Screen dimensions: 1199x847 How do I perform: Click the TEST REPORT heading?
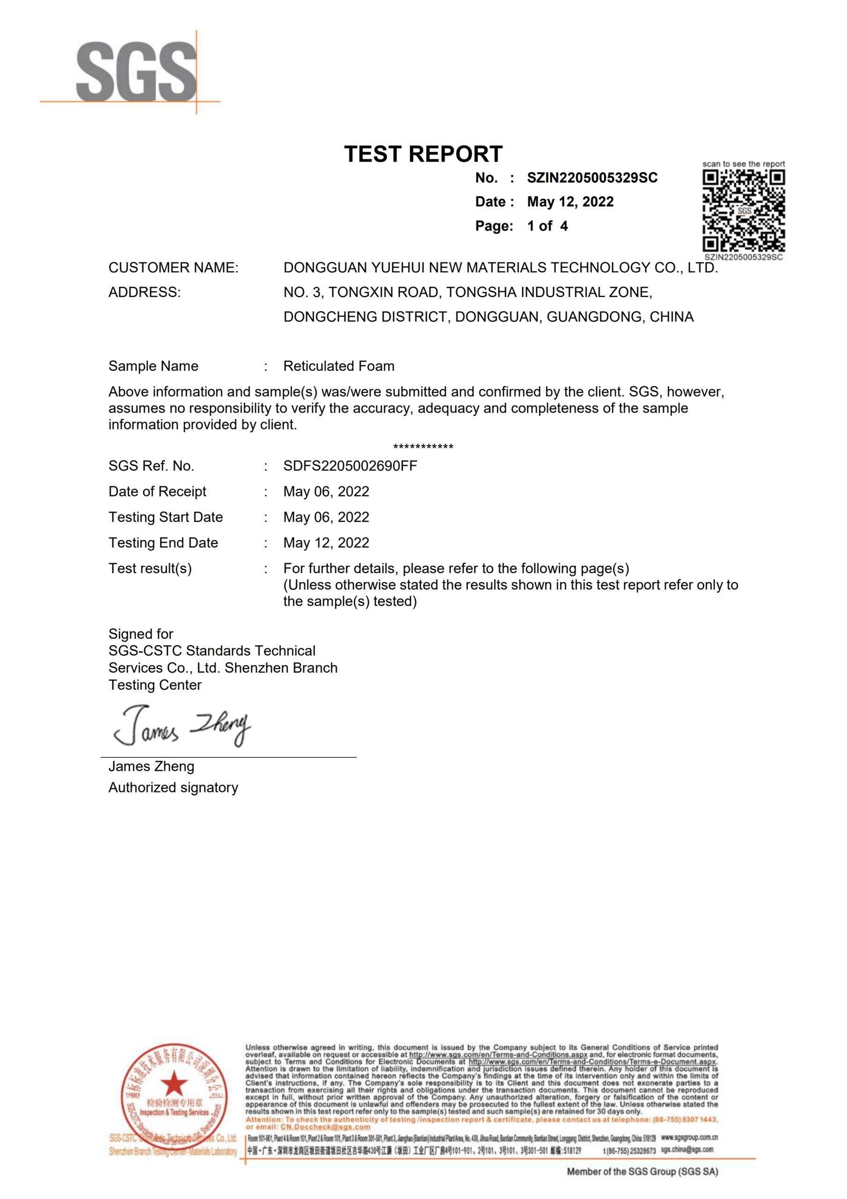pyautogui.click(x=423, y=154)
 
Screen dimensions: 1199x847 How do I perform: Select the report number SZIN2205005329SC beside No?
pyautogui.click(x=592, y=178)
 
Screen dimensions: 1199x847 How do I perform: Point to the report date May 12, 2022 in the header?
pyautogui.click(x=570, y=201)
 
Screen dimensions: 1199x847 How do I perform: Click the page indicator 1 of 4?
pyautogui.click(x=547, y=226)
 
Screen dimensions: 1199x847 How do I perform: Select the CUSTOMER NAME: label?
pyautogui.click(x=173, y=267)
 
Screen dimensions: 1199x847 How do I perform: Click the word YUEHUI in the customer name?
pyautogui.click(x=397, y=267)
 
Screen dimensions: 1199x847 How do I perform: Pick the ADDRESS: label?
pyautogui.click(x=145, y=292)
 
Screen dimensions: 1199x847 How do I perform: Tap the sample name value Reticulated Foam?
pyautogui.click(x=339, y=366)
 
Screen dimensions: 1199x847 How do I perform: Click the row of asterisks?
pyautogui.click(x=423, y=447)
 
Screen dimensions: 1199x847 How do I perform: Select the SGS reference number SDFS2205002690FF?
pyautogui.click(x=350, y=466)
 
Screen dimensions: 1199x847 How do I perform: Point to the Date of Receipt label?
pyautogui.click(x=157, y=491)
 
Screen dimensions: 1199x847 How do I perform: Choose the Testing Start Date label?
pyautogui.click(x=166, y=517)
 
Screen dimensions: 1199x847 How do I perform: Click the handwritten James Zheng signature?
pyautogui.click(x=182, y=726)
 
